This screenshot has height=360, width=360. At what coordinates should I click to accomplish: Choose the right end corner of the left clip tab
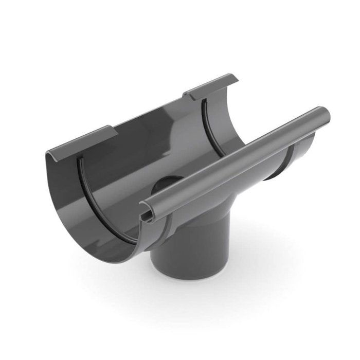pos(111,129)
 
